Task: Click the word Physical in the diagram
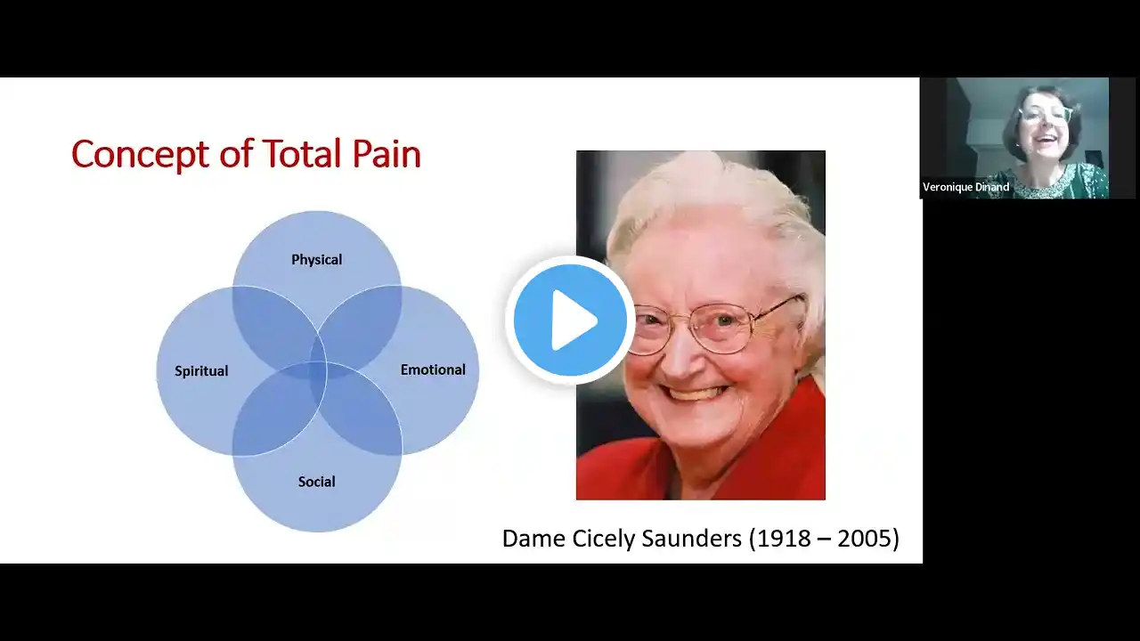pyautogui.click(x=316, y=260)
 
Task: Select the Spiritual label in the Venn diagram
pyautogui.click(x=201, y=371)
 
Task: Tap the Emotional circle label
pyautogui.click(x=433, y=369)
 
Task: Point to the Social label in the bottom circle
pyautogui.click(x=316, y=482)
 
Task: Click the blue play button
pyautogui.click(x=570, y=320)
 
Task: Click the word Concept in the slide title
pyautogui.click(x=141, y=154)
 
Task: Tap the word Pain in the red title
pyautogui.click(x=387, y=153)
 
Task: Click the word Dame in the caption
pyautogui.click(x=533, y=539)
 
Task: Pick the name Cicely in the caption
pyautogui.click(x=604, y=540)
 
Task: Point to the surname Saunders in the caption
pyautogui.click(x=692, y=539)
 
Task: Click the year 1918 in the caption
pyautogui.click(x=779, y=539)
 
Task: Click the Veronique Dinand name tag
pyautogui.click(x=966, y=187)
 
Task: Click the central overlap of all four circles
pyautogui.click(x=318, y=370)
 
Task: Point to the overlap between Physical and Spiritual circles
pyautogui.click(x=273, y=326)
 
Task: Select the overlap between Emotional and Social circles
pyautogui.click(x=362, y=413)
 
